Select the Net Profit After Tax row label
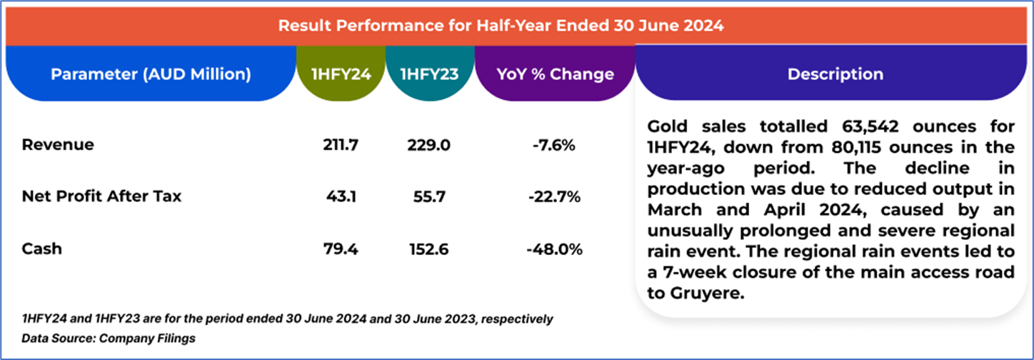coord(102,196)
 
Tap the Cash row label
coord(42,249)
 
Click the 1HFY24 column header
coord(341,74)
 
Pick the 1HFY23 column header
coord(429,74)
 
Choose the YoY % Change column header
coord(554,74)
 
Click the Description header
coord(835,74)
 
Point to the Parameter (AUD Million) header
coord(151,74)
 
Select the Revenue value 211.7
coord(341,145)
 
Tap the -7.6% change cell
coord(554,145)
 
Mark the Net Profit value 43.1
coord(341,196)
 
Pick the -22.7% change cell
coord(554,196)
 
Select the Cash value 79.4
coord(341,249)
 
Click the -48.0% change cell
coord(554,249)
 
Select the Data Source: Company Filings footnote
coord(108,337)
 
